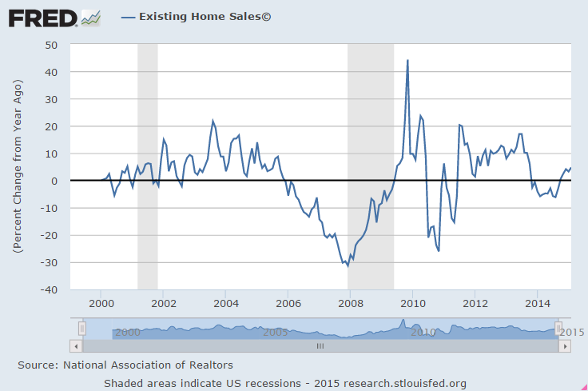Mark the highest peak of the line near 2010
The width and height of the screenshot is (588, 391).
pyautogui.click(x=407, y=60)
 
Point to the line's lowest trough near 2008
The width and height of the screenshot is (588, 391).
pyautogui.click(x=348, y=265)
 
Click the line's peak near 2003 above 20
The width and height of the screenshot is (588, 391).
pyautogui.click(x=213, y=121)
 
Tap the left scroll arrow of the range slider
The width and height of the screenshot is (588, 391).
pyautogui.click(x=76, y=346)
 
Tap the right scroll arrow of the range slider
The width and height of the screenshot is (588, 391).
pyautogui.click(x=566, y=346)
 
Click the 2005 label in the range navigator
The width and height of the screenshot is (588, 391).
pyautogui.click(x=276, y=332)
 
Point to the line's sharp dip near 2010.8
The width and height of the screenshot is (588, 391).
pyautogui.click(x=439, y=250)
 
